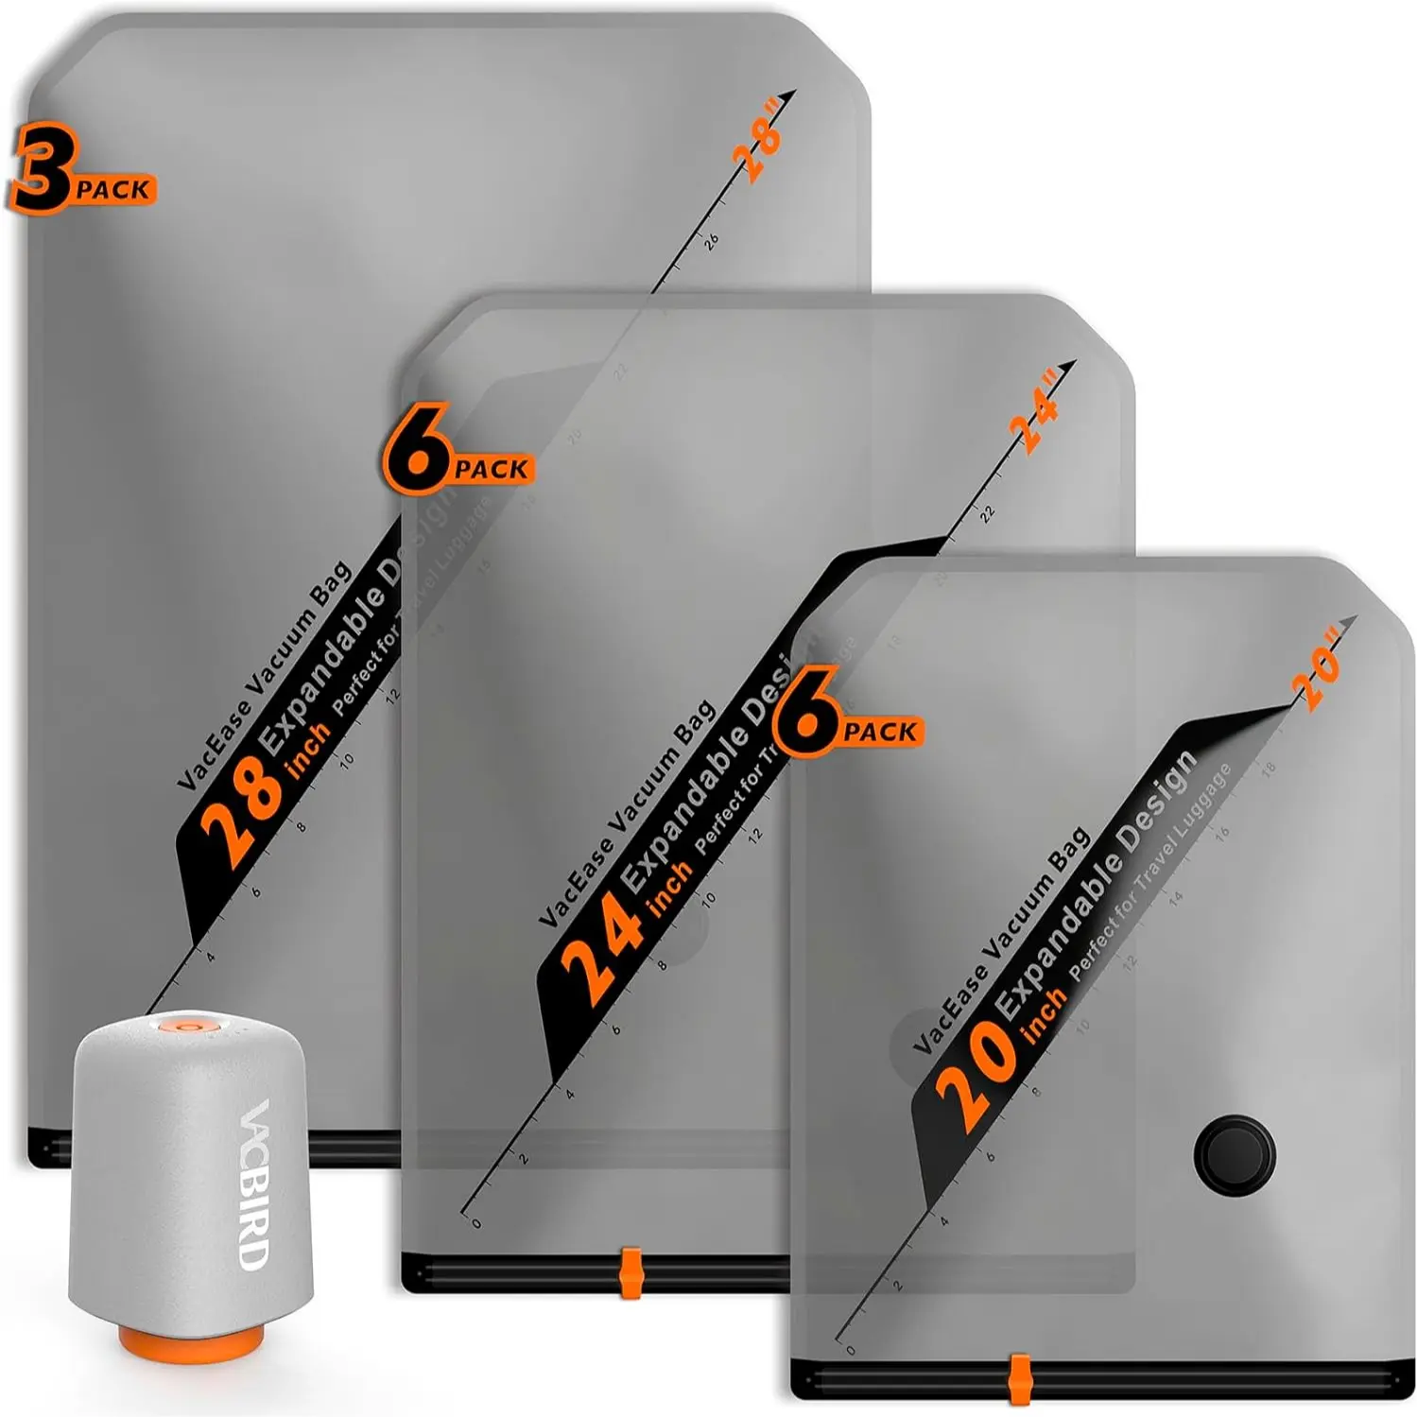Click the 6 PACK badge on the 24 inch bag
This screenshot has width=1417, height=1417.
(x=457, y=452)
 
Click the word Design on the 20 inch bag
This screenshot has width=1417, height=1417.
(x=1156, y=804)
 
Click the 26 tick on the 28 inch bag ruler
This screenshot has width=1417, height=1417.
(x=711, y=240)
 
